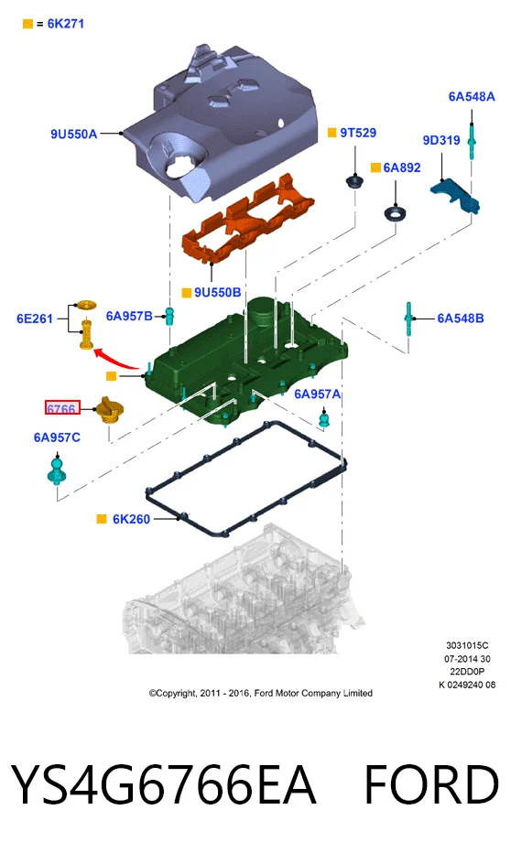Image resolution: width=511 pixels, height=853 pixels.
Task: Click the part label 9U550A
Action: coord(73,134)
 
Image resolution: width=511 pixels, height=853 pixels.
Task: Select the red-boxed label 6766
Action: coord(62,407)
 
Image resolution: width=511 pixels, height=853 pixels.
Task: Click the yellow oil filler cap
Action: coord(110,409)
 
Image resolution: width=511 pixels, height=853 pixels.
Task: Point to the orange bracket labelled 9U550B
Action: coord(247,221)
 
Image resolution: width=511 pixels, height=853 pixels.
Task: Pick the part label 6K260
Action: coord(131,519)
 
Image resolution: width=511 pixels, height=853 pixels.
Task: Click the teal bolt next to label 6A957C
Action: coord(57,471)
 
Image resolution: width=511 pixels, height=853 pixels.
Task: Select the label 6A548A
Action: coord(472,97)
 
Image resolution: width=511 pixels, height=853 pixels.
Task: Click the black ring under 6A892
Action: coord(395,213)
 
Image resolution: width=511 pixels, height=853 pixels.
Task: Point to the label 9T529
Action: coord(358,133)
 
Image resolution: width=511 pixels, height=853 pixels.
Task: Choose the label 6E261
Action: coord(35,319)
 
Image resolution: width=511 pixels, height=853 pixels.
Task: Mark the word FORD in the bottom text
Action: coord(431,784)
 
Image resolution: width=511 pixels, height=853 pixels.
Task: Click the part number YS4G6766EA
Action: coord(163,784)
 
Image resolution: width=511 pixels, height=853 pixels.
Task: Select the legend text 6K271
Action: coord(65,24)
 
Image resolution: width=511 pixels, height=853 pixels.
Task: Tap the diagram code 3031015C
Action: coord(467,646)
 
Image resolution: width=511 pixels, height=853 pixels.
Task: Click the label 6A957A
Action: coord(317,394)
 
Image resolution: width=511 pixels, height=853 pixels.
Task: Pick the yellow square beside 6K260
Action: coord(102,519)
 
